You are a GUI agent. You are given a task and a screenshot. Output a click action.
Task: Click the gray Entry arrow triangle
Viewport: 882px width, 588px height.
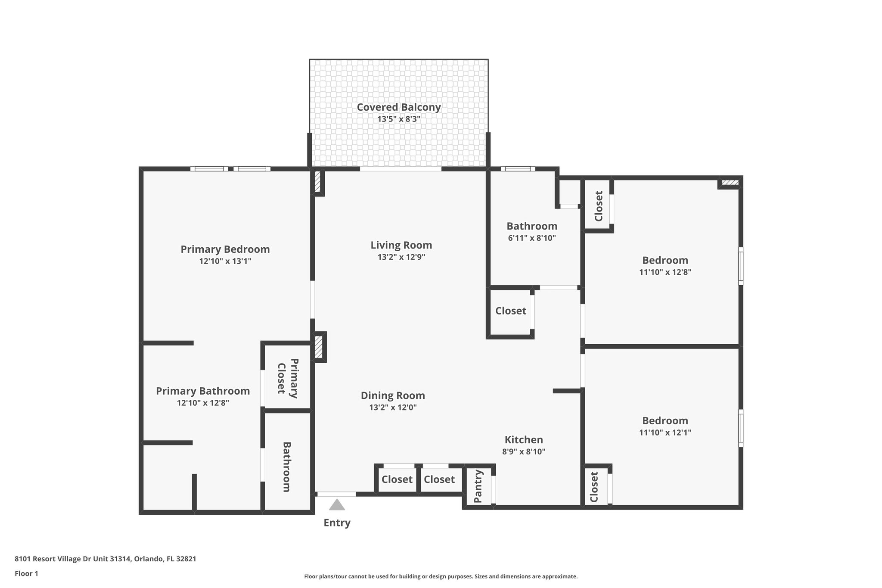coord(337,505)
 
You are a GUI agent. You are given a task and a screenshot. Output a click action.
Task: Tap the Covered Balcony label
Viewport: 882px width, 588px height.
coord(399,107)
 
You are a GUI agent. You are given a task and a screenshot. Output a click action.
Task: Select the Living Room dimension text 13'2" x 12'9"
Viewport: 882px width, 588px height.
coord(401,257)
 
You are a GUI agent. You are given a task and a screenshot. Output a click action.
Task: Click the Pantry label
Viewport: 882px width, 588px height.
coord(478,487)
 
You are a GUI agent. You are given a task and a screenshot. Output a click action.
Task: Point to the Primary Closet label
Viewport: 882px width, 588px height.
coord(287,378)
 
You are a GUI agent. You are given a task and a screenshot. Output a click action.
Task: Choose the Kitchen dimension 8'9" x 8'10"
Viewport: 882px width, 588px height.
coord(524,452)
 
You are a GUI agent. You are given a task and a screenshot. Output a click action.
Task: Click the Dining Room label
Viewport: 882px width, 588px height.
coord(393,395)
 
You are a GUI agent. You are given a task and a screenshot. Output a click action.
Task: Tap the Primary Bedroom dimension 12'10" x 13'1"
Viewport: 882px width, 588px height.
coord(225,261)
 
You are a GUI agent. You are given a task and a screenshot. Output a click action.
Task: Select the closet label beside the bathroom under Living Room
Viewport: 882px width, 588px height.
coord(511,311)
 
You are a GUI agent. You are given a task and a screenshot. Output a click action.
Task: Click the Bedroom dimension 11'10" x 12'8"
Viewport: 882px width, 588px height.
coord(665,272)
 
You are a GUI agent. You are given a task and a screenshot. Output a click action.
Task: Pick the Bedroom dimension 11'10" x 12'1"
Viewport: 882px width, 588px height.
coord(665,432)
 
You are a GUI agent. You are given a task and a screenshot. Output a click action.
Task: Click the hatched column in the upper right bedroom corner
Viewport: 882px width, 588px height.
coord(730,183)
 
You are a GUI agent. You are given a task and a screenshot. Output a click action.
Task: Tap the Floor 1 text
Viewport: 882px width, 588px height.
coord(26,573)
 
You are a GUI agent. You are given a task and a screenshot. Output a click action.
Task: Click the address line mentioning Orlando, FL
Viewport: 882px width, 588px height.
coord(106,559)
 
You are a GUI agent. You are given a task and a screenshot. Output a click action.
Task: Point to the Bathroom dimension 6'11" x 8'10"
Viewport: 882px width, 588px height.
coord(532,238)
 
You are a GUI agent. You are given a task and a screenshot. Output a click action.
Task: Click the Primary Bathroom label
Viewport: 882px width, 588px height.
coord(202,391)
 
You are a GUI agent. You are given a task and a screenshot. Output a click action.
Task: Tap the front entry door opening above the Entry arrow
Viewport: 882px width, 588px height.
coord(336,494)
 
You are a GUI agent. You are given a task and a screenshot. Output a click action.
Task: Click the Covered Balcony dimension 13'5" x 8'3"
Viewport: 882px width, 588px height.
coord(399,119)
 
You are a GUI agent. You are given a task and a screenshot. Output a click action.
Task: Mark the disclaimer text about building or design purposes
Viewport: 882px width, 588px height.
coord(441,576)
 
